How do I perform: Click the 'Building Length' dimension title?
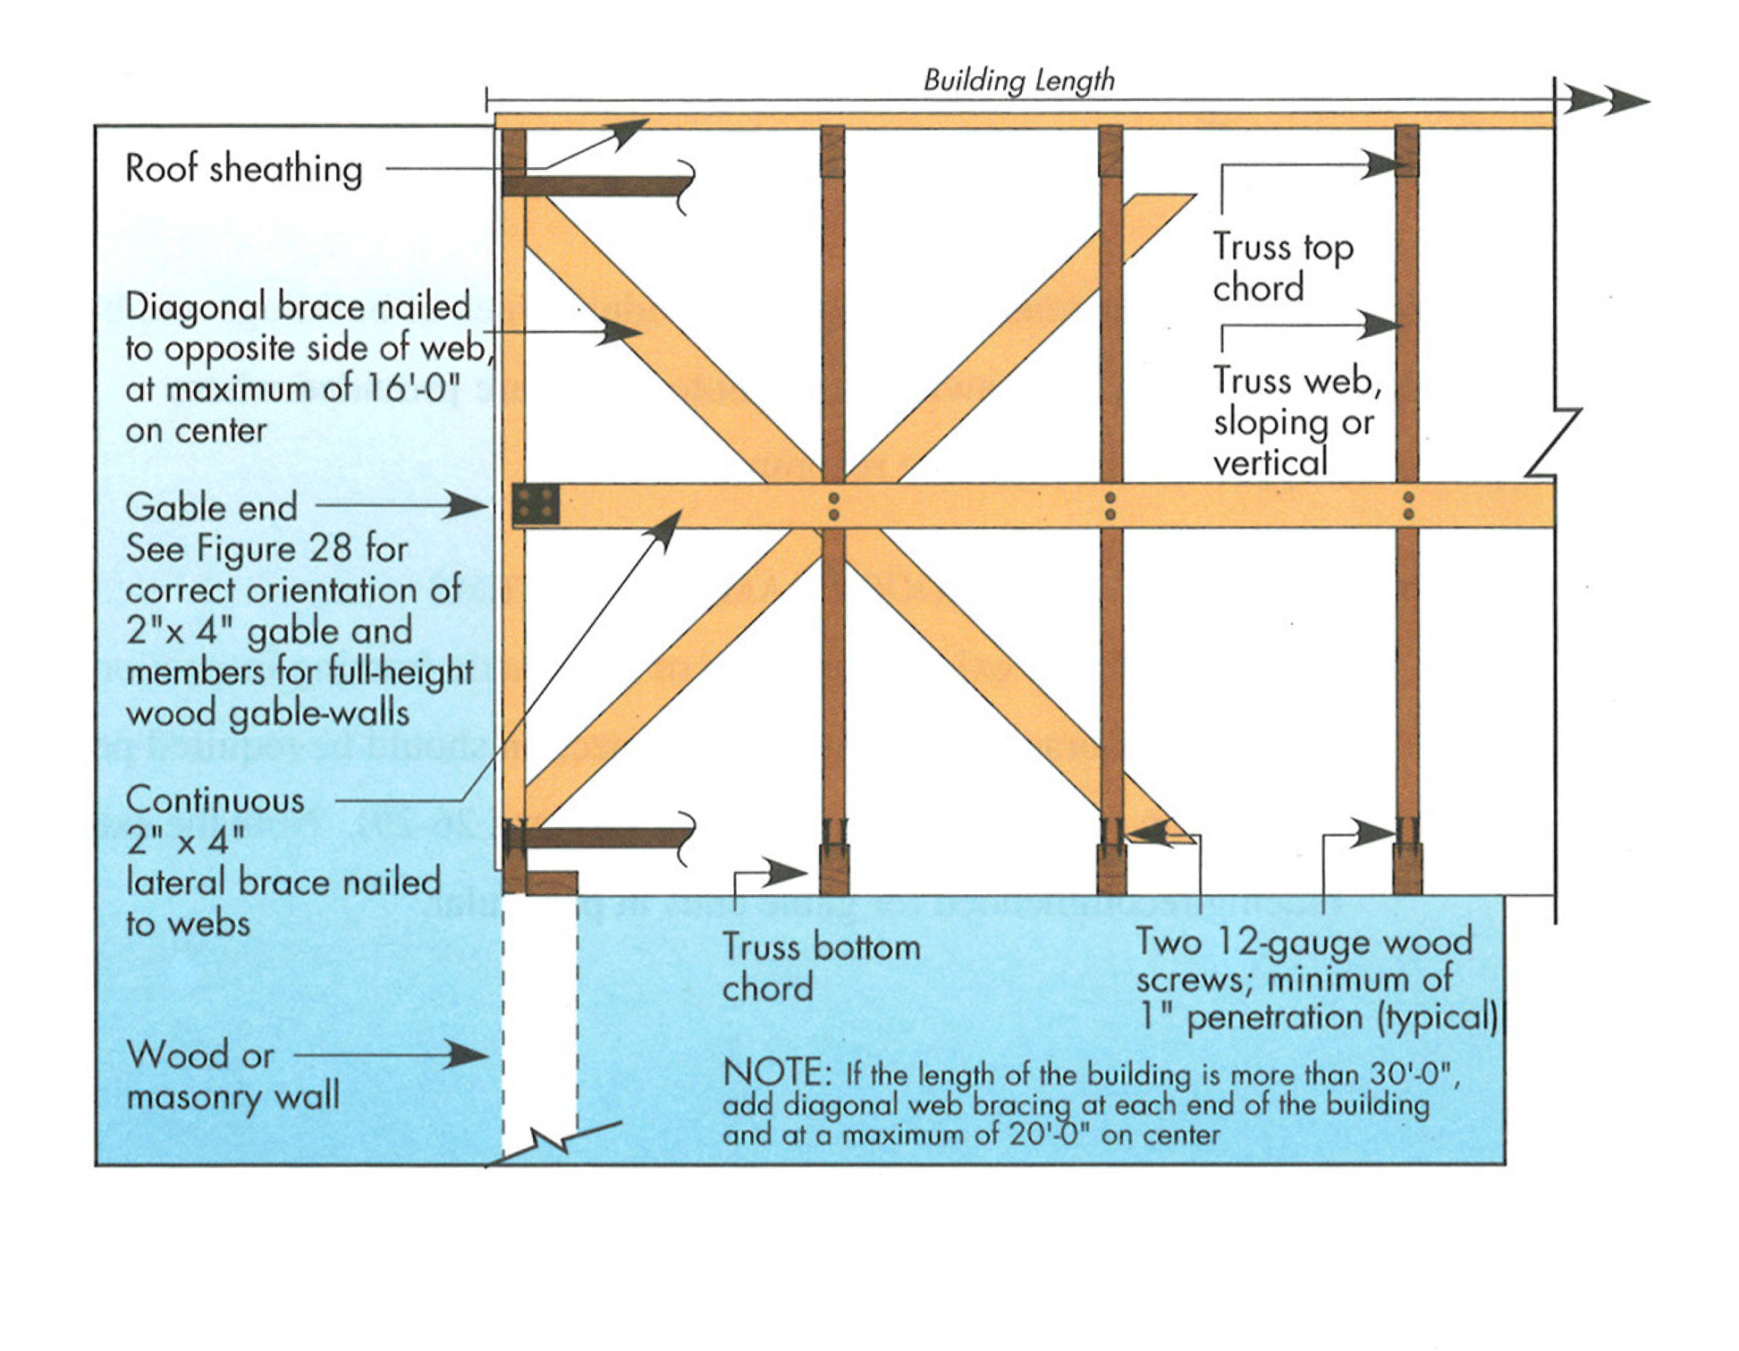pyautogui.click(x=1018, y=80)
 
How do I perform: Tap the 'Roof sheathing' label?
pyautogui.click(x=243, y=169)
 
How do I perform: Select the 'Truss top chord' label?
pyautogui.click(x=1282, y=266)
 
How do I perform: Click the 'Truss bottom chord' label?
pyautogui.click(x=820, y=967)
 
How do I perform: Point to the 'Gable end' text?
pyautogui.click(x=211, y=508)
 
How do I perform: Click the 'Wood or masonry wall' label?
pyautogui.click(x=232, y=1076)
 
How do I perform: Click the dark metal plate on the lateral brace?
pyautogui.click(x=536, y=504)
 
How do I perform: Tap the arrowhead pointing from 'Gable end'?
pyautogui.click(x=469, y=505)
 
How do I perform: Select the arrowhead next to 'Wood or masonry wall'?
pyautogui.click(x=469, y=1055)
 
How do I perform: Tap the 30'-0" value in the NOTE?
pyautogui.click(x=1414, y=1073)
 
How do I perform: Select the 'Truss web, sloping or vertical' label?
pyautogui.click(x=1296, y=421)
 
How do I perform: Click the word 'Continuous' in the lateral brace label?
pyautogui.click(x=215, y=800)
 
